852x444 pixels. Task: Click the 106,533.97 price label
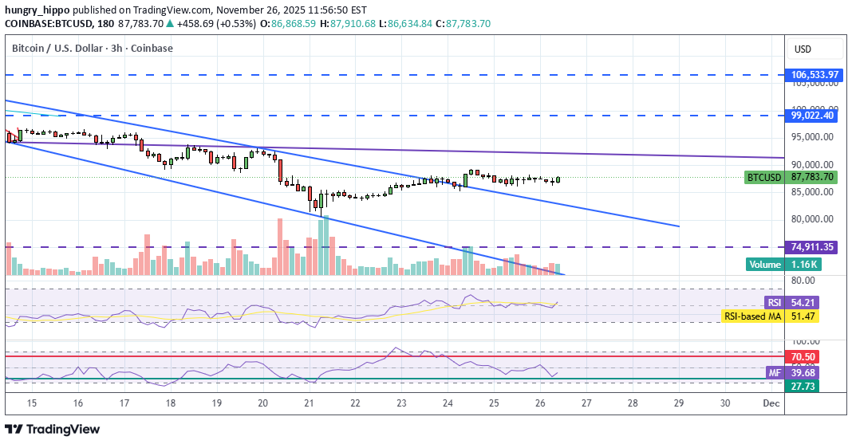[x=814, y=75]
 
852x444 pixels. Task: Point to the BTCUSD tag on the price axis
[x=763, y=177]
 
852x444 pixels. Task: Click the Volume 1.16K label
[x=783, y=264]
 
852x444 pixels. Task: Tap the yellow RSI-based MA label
[x=752, y=316]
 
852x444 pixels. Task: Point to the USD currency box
[x=802, y=49]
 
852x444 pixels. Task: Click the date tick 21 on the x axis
[x=309, y=403]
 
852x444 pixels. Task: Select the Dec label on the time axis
[x=771, y=403]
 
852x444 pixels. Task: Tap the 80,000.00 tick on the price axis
[x=813, y=219]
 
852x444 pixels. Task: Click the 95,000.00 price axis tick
[x=813, y=137]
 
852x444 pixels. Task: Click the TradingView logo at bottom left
[x=53, y=429]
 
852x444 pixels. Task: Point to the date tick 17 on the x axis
[x=124, y=403]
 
